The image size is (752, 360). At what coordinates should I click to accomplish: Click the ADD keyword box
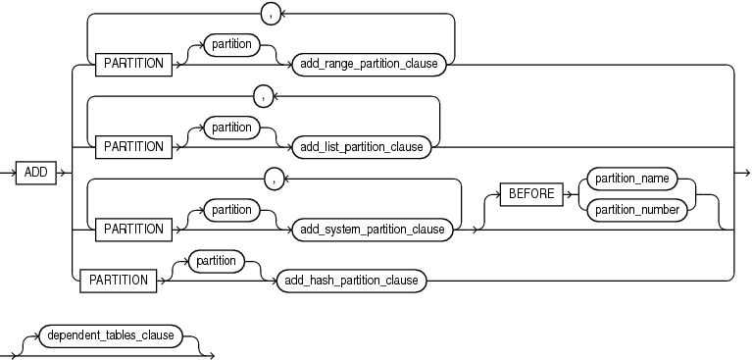pyautogui.click(x=35, y=173)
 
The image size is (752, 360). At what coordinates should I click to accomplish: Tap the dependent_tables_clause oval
pyautogui.click(x=110, y=335)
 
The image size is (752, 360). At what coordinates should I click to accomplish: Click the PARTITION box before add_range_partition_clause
pyautogui.click(x=133, y=64)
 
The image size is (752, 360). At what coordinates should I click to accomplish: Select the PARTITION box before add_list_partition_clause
pyautogui.click(x=133, y=146)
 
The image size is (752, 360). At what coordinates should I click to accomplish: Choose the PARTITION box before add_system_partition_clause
pyautogui.click(x=133, y=230)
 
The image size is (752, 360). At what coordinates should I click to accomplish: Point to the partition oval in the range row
pyautogui.click(x=231, y=44)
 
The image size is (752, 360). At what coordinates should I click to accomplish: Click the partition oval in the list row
pyautogui.click(x=231, y=127)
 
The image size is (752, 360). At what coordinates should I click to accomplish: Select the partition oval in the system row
pyautogui.click(x=231, y=210)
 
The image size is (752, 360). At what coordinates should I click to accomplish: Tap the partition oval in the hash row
pyautogui.click(x=216, y=261)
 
